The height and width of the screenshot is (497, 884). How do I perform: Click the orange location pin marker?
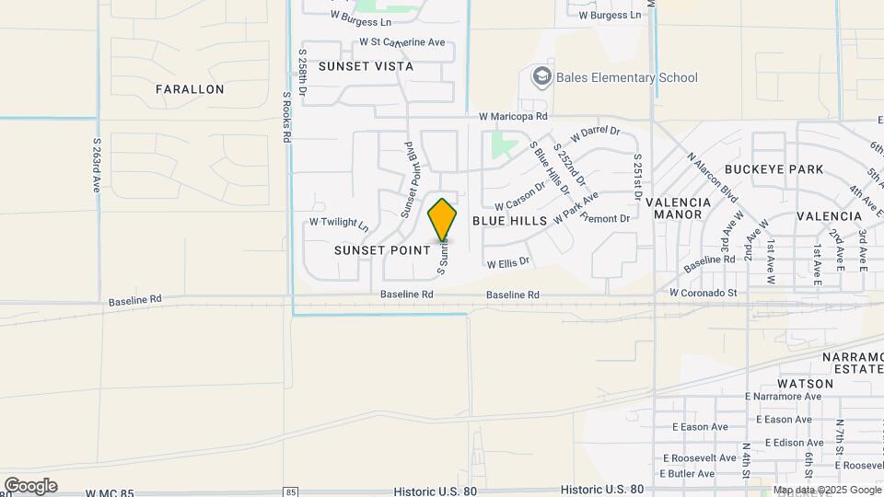[x=442, y=221]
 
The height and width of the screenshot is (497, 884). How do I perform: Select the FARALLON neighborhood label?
[x=190, y=89]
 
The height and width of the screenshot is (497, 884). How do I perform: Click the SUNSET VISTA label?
[x=366, y=66]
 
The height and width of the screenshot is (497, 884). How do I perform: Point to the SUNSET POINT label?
[x=381, y=249]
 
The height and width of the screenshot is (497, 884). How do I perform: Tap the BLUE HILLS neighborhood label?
[x=510, y=221]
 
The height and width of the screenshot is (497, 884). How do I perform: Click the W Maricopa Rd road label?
[x=513, y=117]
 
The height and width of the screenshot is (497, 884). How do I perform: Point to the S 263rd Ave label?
[x=96, y=165]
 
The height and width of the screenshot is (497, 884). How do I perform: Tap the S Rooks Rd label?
[x=286, y=115]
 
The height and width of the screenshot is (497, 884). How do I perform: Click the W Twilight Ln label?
[x=338, y=223]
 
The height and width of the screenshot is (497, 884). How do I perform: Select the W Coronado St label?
[x=704, y=293]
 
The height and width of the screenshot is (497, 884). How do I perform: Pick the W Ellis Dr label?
[x=508, y=263]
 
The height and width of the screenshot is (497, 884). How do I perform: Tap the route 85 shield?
[x=291, y=491]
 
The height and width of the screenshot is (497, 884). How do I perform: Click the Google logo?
[x=30, y=486]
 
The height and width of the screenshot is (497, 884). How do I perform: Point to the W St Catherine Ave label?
[x=401, y=41]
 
